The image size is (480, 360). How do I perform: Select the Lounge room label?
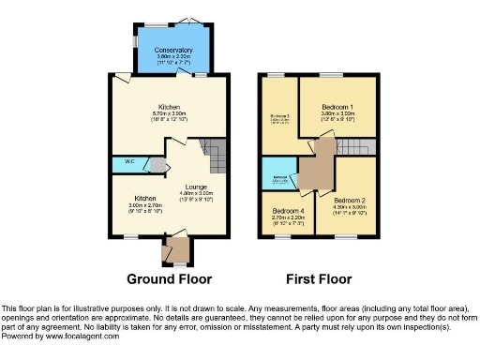coord(196,187)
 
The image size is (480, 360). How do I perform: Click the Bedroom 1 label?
coord(337,107)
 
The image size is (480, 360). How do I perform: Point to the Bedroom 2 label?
coord(349,200)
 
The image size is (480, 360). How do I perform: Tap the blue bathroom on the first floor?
coord(278,174)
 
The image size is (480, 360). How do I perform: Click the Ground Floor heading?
coord(169,278)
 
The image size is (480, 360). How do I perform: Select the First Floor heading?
coord(319,278)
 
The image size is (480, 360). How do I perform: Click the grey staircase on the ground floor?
coord(215,154)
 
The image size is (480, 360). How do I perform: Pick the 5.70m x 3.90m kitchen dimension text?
coord(169,114)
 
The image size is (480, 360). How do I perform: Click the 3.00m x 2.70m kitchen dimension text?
coord(144,205)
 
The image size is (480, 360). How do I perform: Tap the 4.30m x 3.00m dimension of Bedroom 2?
coord(349,207)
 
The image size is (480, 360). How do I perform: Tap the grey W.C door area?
coord(157,165)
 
